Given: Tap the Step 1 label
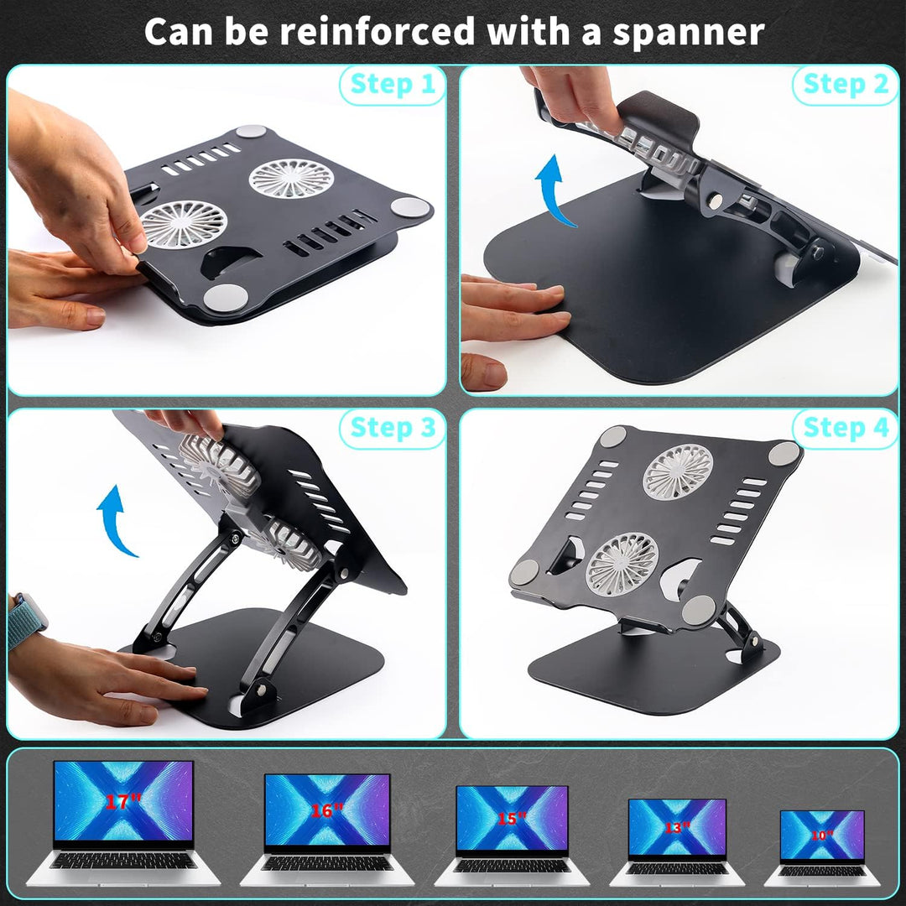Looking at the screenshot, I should (393, 85).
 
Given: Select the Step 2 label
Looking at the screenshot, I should (846, 85).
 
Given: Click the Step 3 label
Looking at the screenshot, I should (393, 428).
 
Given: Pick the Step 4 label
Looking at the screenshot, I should (846, 428).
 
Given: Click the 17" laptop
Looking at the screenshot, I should (122, 822).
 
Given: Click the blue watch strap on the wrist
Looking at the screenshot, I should (25, 622).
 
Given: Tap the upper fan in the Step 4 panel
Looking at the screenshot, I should (678, 471).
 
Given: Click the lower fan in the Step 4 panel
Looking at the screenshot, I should (622, 564).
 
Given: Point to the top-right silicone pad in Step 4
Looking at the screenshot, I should (784, 453).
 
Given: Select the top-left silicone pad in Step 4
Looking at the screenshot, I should (613, 436).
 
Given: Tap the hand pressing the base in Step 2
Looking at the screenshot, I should (512, 310).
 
